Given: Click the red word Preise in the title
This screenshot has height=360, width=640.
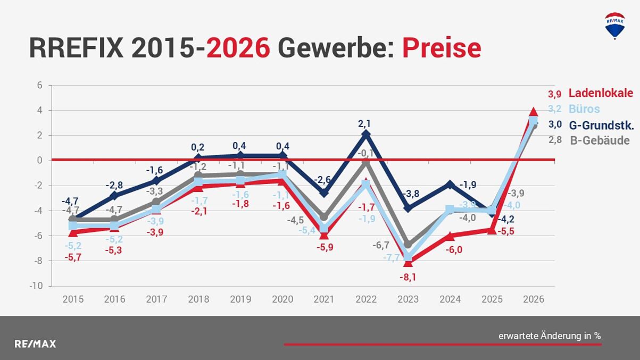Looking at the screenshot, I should pos(442,48).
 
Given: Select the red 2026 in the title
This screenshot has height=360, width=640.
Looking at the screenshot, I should pos(238,48).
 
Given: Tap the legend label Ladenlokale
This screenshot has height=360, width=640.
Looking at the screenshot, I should pos(601,93).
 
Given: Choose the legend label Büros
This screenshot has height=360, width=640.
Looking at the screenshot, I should pos(584,109).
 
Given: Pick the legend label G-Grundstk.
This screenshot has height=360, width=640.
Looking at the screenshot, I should pos(601,125).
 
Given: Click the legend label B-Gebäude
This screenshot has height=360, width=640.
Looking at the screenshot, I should pos(600,141).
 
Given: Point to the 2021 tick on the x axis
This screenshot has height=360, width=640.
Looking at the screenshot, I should pos(324,299).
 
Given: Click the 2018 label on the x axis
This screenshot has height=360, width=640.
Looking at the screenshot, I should pos(198,299).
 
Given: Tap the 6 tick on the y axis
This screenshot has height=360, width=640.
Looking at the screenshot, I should pos(39,86).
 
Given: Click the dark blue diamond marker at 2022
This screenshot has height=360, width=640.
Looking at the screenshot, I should pos(365,135).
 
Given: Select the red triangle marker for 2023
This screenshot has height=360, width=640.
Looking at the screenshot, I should pos(408,262).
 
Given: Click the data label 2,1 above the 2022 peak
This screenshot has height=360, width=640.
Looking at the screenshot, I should pos(364,123).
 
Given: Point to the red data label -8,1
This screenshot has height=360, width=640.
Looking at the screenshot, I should pos(408,277).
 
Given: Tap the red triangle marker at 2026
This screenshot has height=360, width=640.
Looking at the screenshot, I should pos(534,112).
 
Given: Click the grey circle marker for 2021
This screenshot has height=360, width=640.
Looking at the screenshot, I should pos(324,217).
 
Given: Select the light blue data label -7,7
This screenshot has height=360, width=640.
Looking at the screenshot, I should pos(392,257).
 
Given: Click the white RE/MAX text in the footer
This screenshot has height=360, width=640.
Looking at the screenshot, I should pos(35,344).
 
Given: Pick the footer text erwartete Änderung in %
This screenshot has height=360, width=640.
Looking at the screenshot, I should pos(549,336).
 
